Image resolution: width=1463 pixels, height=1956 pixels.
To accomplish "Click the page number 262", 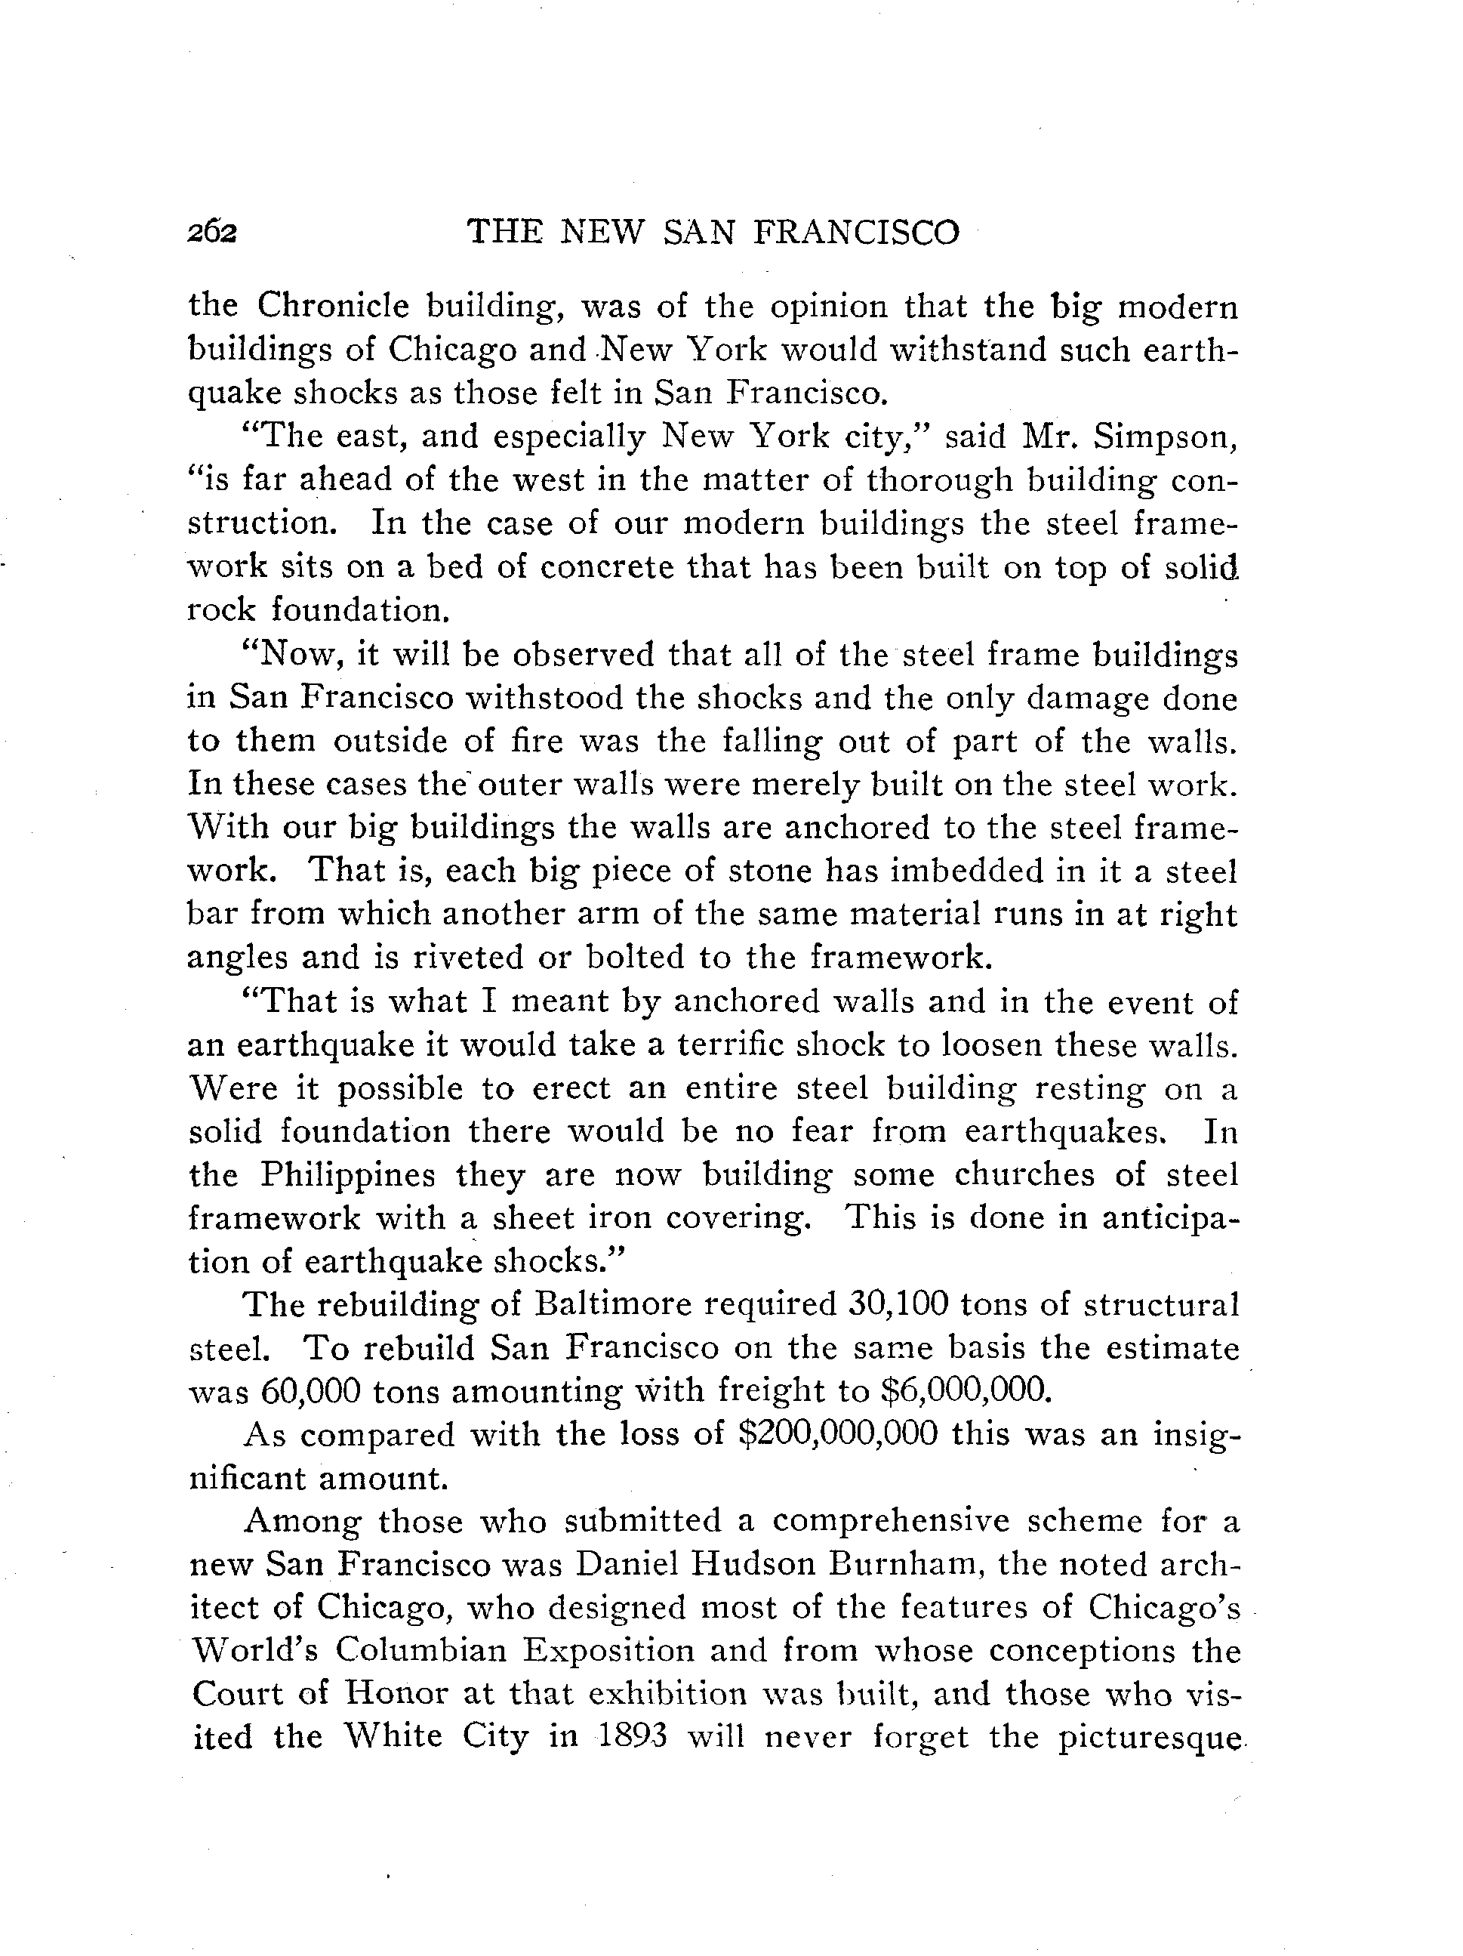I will pos(212,233).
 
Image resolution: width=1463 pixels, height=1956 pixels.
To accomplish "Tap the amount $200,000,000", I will pos(836,1434).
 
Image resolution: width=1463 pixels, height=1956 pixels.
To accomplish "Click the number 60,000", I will pos(310,1392).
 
